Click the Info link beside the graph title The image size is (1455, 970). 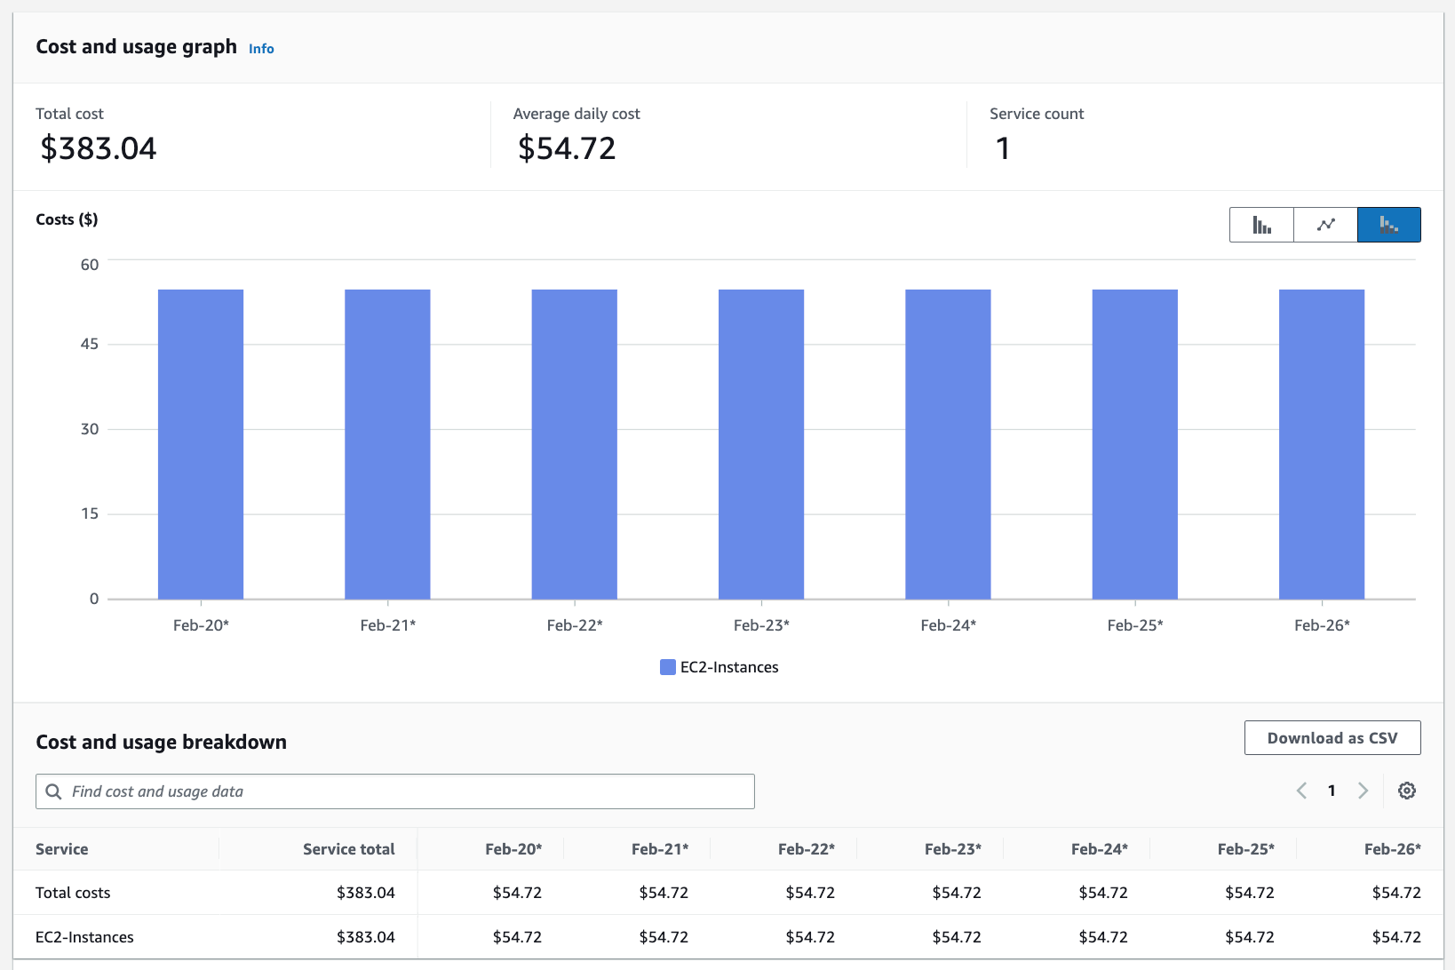pos(261,49)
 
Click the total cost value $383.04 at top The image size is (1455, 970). pos(99,148)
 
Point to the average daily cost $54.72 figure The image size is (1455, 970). pos(567,148)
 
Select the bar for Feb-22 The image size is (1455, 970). pos(574,444)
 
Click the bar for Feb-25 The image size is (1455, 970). pos(1134,444)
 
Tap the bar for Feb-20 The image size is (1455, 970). pos(201,444)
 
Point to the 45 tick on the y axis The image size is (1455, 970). pos(90,345)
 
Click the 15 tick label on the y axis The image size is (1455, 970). pos(90,513)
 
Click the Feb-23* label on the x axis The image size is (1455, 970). pos(761,625)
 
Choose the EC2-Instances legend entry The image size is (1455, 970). pos(720,667)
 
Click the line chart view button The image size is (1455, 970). pos(1325,225)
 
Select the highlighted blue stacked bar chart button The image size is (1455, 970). pos(1388,225)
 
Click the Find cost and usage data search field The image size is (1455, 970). pos(395,791)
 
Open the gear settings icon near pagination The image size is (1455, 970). pos(1406,791)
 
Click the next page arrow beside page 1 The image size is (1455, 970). pos(1363,791)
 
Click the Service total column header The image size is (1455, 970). pos(348,849)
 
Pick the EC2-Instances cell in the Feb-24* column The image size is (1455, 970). pos(1102,937)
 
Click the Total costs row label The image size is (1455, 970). pos(73,893)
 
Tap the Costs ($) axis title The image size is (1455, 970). pos(67,219)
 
